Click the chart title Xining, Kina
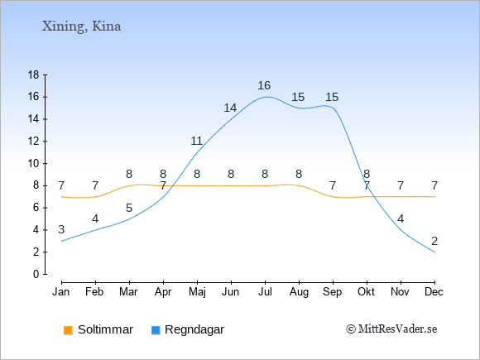click(x=81, y=26)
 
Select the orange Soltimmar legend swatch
click(x=68, y=330)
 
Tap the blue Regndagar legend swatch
click(x=156, y=330)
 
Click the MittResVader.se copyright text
click(x=391, y=329)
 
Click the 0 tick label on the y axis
click(x=36, y=274)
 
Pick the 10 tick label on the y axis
click(x=33, y=164)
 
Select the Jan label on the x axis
click(x=61, y=292)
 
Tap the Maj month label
click(x=197, y=292)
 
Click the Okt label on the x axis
click(x=366, y=292)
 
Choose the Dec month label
click(x=434, y=292)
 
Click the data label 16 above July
click(x=264, y=85)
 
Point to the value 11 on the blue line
click(x=196, y=141)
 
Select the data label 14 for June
click(x=230, y=108)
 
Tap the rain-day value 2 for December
click(x=434, y=241)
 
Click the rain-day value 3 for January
click(x=61, y=229)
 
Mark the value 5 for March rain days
click(x=129, y=209)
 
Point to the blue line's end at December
click(x=434, y=252)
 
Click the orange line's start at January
click(x=62, y=196)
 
